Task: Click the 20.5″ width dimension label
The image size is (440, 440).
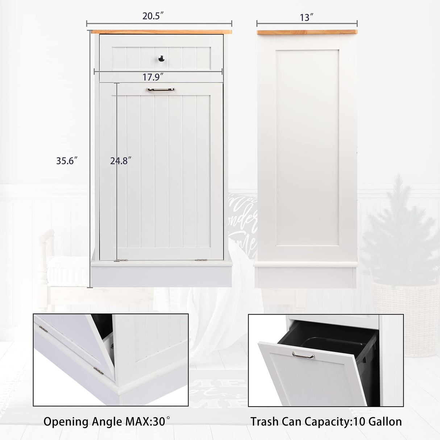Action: click(153, 16)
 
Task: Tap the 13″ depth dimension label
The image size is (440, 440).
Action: click(306, 17)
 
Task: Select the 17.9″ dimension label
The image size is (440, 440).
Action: click(153, 77)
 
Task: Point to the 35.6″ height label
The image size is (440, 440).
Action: click(67, 161)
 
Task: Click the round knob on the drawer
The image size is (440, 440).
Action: click(161, 58)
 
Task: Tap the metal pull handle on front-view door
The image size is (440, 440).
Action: click(161, 90)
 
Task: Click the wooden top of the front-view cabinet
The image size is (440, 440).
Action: click(161, 32)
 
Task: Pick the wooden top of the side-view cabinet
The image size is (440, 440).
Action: click(307, 32)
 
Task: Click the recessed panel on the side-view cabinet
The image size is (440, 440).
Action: click(307, 149)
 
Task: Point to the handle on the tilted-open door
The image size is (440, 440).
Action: click(304, 355)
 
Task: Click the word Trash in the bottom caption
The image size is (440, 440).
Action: click(265, 422)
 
